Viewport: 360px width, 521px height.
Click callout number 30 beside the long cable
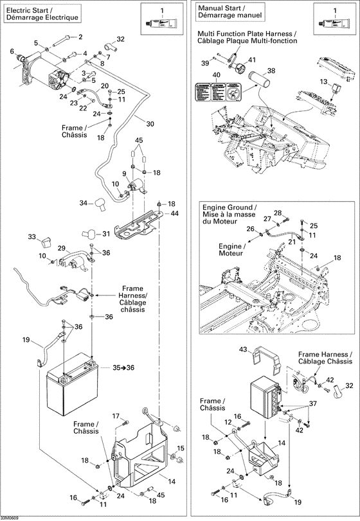[x=150, y=124]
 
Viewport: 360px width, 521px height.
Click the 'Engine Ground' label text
[x=229, y=208]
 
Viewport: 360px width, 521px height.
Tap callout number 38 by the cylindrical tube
[x=271, y=71]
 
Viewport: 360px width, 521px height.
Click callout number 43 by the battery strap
[x=244, y=349]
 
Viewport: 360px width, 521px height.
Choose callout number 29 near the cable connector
[x=62, y=248]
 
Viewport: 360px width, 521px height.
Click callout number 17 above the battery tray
[x=117, y=416]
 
